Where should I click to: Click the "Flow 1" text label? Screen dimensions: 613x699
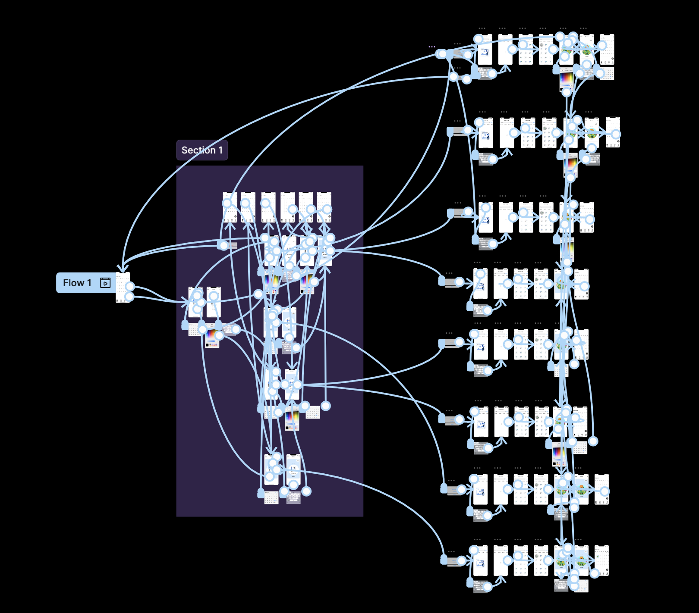tap(77, 283)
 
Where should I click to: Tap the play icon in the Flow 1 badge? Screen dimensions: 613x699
tap(105, 283)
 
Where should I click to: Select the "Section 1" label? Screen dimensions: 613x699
tap(202, 150)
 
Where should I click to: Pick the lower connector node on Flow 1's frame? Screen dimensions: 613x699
tap(129, 297)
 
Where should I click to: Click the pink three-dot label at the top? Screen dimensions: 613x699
tap(432, 47)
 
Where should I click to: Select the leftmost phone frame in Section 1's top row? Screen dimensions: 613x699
tap(230, 207)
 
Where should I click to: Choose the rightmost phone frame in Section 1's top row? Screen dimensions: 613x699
tap(324, 207)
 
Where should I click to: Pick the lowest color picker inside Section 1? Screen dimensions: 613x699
tap(292, 420)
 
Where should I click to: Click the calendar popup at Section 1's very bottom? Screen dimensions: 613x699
tap(271, 498)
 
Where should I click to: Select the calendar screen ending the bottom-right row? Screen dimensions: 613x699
tap(601, 560)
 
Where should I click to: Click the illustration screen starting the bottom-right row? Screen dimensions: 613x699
tap(481, 560)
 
